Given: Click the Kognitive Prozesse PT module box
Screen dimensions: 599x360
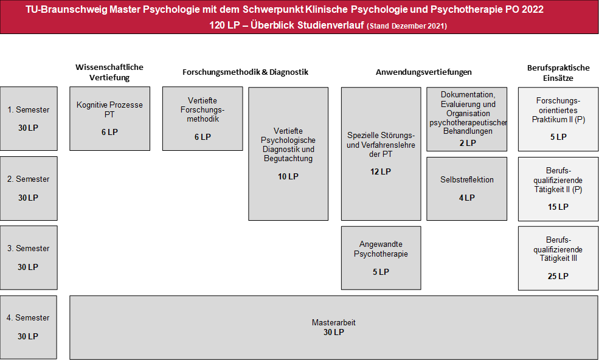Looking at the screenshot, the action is (x=109, y=119).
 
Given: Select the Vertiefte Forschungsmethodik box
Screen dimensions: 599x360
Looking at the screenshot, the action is (x=203, y=119).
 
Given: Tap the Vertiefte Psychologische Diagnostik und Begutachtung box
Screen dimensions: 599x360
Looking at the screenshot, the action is (x=288, y=154).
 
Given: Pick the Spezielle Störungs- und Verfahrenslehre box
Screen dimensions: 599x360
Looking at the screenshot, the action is (x=381, y=154).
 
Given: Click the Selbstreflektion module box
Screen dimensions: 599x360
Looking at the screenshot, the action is (x=467, y=189).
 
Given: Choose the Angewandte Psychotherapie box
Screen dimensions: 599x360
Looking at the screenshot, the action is (x=381, y=258).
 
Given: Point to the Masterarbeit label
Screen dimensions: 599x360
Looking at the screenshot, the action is (x=333, y=322).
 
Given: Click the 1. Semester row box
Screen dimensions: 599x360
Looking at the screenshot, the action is (x=29, y=119).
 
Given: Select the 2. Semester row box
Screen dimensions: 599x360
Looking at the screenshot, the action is (x=29, y=189).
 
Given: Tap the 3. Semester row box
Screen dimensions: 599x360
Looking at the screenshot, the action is (x=29, y=258).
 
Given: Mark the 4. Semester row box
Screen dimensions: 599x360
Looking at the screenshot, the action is (x=28, y=327).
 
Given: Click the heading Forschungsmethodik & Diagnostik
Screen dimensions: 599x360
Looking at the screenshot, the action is (x=245, y=72).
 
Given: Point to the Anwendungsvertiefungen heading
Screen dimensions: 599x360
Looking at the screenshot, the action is (x=424, y=72).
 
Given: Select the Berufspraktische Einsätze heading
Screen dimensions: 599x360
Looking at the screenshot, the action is (x=558, y=73).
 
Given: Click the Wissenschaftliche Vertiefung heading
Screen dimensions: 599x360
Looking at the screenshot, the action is (x=109, y=72).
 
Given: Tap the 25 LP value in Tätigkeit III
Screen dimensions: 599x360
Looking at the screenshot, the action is (x=558, y=276).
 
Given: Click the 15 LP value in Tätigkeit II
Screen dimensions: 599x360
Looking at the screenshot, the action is (x=558, y=207).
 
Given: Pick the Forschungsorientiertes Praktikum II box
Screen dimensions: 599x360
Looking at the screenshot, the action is (x=558, y=119).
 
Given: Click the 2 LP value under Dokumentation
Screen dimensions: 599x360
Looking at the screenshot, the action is (x=468, y=143).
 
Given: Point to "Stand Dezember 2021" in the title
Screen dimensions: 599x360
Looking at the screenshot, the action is (x=406, y=26).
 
